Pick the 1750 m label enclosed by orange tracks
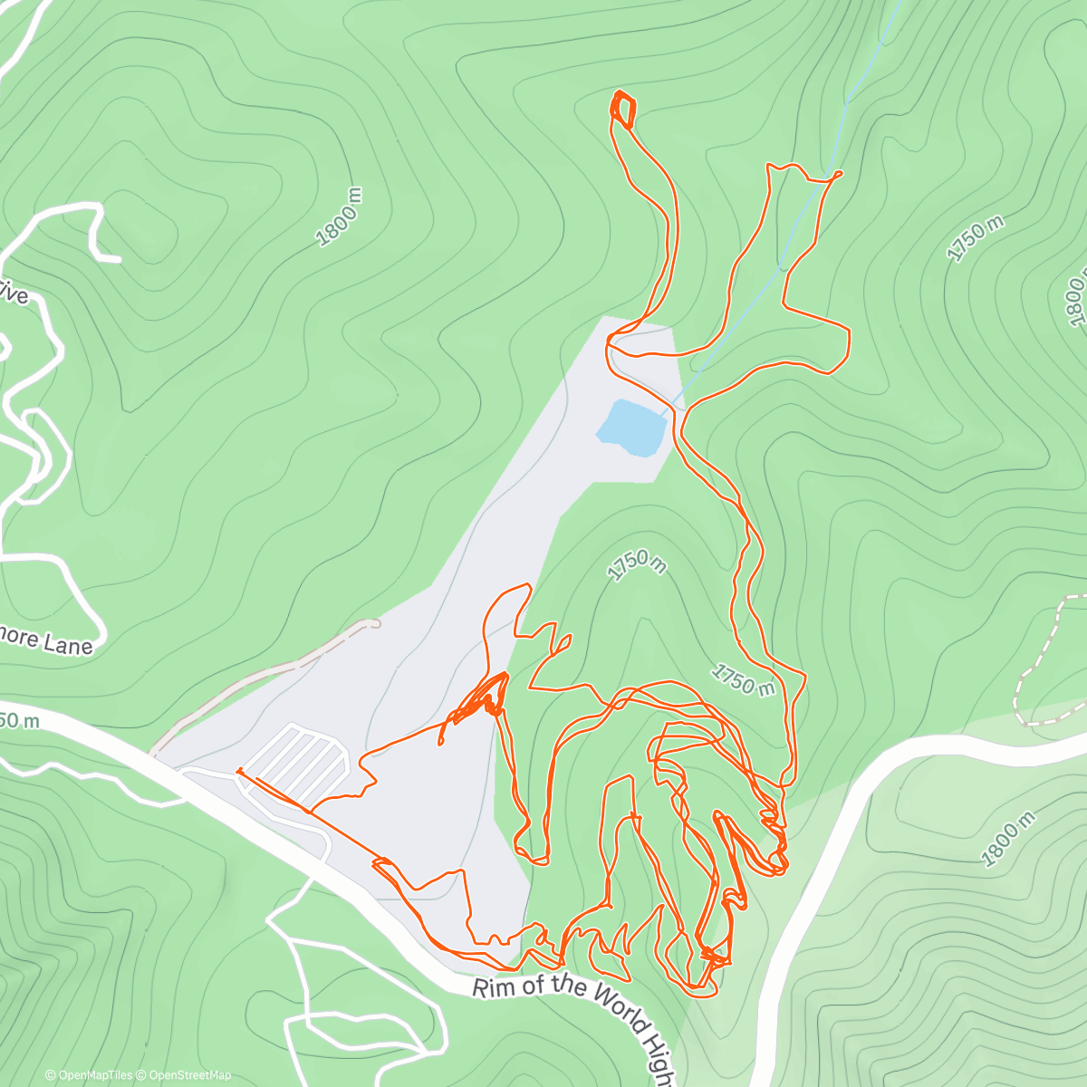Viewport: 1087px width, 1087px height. point(743,679)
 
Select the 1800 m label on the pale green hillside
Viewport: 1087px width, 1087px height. point(1008,839)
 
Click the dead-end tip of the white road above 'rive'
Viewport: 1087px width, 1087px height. point(118,260)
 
